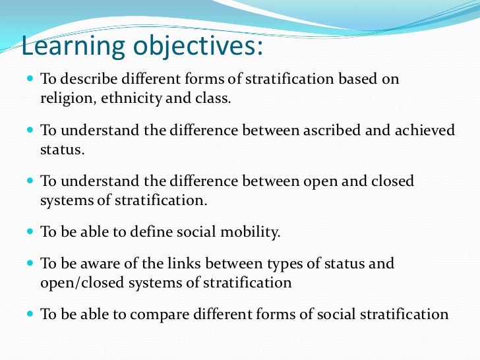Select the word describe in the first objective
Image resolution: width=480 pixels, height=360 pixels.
tap(84, 79)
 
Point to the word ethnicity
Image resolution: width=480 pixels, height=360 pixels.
tap(124, 99)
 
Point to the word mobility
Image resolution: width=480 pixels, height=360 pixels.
tap(253, 232)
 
